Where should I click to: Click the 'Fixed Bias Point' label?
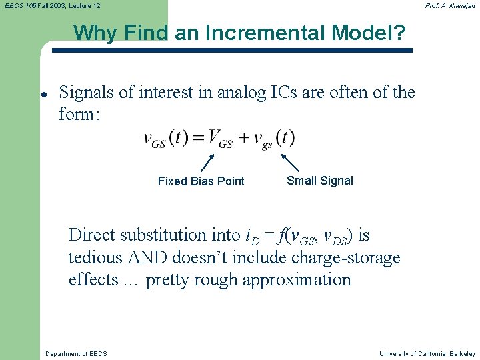(x=201, y=181)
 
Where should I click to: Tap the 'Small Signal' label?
(x=319, y=181)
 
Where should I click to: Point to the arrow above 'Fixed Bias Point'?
(x=207, y=163)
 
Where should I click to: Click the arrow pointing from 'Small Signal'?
(x=290, y=163)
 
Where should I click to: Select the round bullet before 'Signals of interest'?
(x=43, y=94)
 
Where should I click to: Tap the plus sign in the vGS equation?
(x=243, y=139)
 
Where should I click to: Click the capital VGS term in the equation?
(x=219, y=139)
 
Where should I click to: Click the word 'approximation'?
(x=297, y=280)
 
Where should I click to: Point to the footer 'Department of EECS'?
(x=75, y=353)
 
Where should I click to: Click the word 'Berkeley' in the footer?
(x=462, y=353)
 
